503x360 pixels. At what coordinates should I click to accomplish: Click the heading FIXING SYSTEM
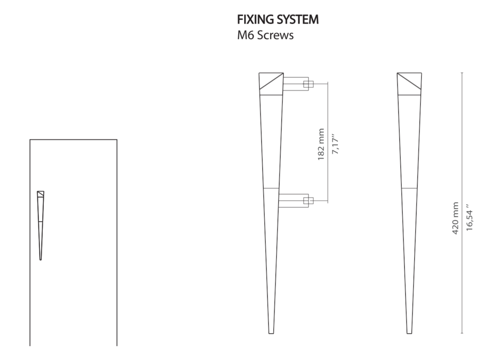coord(278,20)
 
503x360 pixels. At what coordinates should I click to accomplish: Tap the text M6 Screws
coord(265,35)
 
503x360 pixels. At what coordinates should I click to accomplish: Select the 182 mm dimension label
coord(321,144)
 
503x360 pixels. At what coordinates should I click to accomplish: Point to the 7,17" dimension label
coord(335,144)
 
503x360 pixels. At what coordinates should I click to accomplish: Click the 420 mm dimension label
coord(455,218)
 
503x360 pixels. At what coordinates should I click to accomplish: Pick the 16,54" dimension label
coord(469,217)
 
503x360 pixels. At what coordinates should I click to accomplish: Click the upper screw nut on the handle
coord(308,84)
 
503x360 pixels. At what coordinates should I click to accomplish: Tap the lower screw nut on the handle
coord(308,201)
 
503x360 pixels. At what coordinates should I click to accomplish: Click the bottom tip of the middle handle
coord(271,333)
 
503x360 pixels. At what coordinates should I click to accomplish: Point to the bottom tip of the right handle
coord(409,333)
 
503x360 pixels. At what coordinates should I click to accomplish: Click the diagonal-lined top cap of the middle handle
coord(271,84)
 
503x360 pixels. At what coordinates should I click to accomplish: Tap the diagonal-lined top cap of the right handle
coord(409,84)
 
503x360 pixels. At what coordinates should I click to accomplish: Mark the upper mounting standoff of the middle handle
coord(295,84)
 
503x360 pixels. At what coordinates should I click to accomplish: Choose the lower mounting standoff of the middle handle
coord(294,201)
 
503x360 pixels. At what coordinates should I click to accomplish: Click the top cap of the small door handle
coord(40,194)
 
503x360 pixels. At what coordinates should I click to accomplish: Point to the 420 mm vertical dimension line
coord(462,203)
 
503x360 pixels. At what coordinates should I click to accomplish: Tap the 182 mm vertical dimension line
coord(328,142)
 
